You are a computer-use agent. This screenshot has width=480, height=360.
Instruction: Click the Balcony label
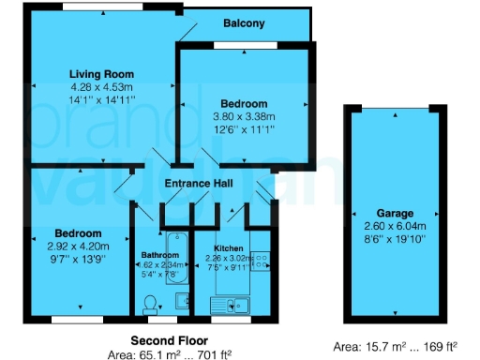(244, 23)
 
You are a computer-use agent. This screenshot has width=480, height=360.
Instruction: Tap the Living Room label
(101, 73)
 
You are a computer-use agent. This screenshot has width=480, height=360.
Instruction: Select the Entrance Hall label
(199, 184)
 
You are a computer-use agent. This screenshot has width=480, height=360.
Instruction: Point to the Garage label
(395, 213)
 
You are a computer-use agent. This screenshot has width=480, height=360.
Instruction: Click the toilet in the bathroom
(150, 302)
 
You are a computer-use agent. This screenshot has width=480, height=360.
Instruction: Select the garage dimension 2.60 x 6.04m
(395, 226)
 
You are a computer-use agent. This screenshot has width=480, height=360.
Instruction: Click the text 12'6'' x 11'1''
(244, 127)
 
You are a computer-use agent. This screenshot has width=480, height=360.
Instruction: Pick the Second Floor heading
(170, 339)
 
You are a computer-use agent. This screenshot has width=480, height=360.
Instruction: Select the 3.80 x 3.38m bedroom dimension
(244, 115)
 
